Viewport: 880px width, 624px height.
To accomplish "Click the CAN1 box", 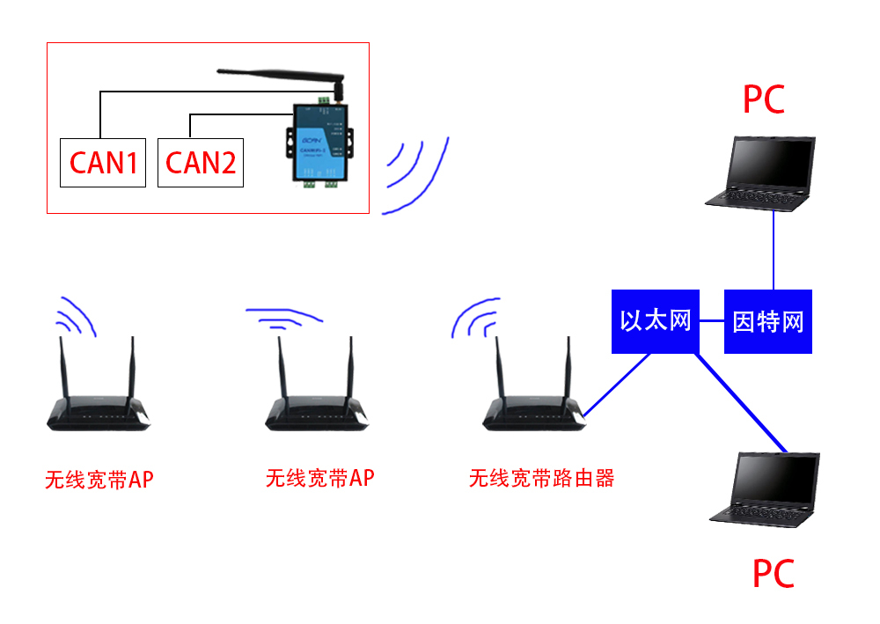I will pyautogui.click(x=103, y=162).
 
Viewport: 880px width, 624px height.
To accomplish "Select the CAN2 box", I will pyautogui.click(x=200, y=162).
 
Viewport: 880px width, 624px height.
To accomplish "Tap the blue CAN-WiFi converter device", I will pyautogui.click(x=318, y=145).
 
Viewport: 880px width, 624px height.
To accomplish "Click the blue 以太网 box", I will pyautogui.click(x=655, y=321).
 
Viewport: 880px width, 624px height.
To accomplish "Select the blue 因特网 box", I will pyautogui.click(x=767, y=321).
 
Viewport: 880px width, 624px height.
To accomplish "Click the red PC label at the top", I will pyautogui.click(x=763, y=99).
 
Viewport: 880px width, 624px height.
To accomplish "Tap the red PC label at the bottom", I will pyautogui.click(x=773, y=574).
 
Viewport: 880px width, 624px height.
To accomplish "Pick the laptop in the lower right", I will pyautogui.click(x=765, y=488).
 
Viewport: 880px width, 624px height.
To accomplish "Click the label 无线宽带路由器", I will pyautogui.click(x=541, y=479).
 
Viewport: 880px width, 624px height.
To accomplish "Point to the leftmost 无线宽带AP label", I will pyautogui.click(x=99, y=481).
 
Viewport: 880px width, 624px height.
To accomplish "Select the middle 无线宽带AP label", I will pyautogui.click(x=319, y=479).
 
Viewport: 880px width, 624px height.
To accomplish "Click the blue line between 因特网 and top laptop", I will pyautogui.click(x=774, y=251).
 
